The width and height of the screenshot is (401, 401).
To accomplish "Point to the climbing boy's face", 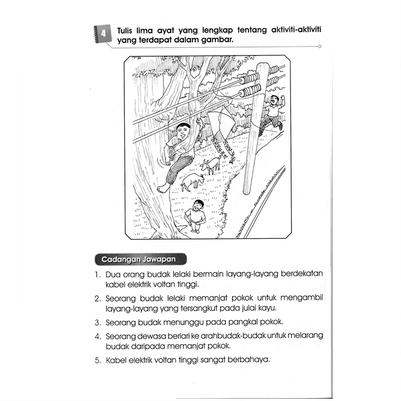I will click(x=183, y=135).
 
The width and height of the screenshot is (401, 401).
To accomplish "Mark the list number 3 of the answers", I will click(x=97, y=322).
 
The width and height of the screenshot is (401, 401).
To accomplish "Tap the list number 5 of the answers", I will click(x=97, y=361).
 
